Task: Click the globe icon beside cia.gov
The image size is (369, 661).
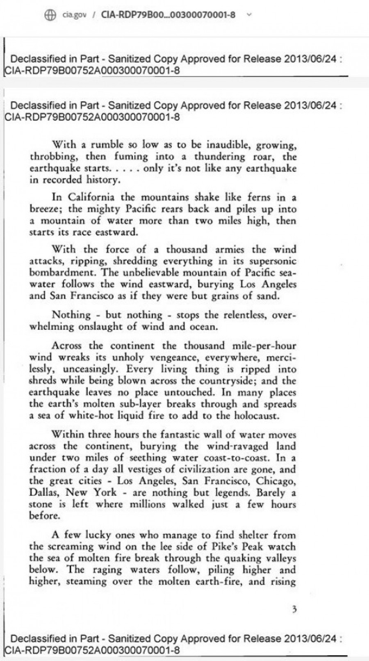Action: coord(50,15)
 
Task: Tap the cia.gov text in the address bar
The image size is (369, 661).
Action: coord(74,15)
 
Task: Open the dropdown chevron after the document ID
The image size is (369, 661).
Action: coord(248,15)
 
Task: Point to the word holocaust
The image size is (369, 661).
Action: coord(262,415)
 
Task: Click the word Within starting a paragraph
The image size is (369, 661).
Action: coord(68,434)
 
